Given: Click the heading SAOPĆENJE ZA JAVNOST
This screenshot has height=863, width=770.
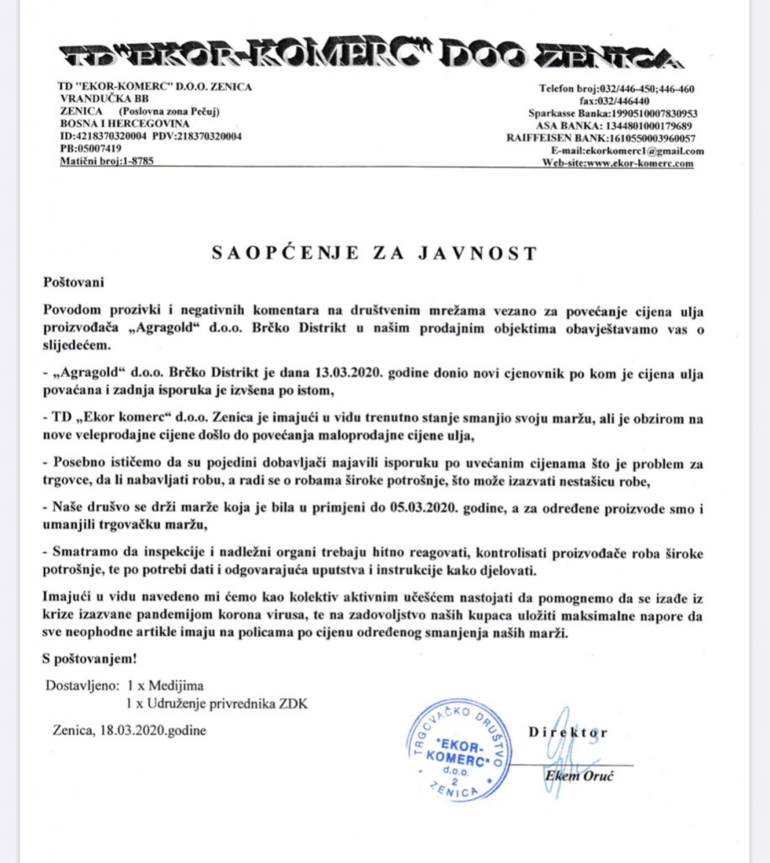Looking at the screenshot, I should (372, 252).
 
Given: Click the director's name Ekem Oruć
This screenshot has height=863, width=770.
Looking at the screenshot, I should (578, 775).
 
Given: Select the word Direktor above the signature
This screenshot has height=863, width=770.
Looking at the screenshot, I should (568, 732).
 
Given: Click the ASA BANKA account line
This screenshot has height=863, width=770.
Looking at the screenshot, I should (624, 126).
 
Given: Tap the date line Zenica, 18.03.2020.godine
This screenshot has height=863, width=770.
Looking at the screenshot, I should (128, 730).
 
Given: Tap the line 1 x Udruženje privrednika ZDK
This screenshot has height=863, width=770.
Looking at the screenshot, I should (217, 702).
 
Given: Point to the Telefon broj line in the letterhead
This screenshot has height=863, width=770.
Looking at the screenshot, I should (617, 88).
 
